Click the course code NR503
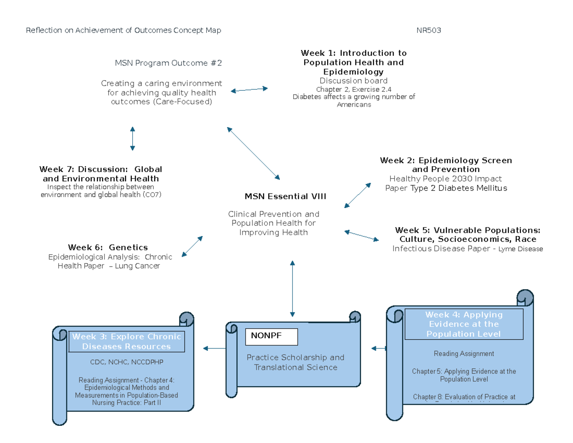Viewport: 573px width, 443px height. pyautogui.click(x=428, y=31)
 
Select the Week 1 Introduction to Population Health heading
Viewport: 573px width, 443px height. pyautogui.click(x=353, y=62)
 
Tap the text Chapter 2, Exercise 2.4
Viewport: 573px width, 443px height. pyautogui.click(x=354, y=89)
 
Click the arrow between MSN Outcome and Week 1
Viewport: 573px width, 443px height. pyautogui.click(x=249, y=89)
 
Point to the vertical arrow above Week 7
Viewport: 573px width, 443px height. pyautogui.click(x=132, y=139)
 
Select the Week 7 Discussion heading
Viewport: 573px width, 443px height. pyautogui.click(x=101, y=174)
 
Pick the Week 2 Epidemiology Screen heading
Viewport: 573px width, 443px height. pyautogui.click(x=446, y=165)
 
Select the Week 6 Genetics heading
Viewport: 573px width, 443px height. pyautogui.click(x=108, y=248)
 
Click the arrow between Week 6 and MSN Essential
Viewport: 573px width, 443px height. pyautogui.click(x=192, y=246)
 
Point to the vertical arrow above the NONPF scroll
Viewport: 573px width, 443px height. pyautogui.click(x=292, y=288)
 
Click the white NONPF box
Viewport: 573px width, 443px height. pyautogui.click(x=271, y=336)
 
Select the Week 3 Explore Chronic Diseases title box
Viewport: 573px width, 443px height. pyautogui.click(x=127, y=341)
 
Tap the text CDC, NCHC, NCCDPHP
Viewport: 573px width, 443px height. pyautogui.click(x=127, y=361)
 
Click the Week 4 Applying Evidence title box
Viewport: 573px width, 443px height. pyautogui.click(x=464, y=324)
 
